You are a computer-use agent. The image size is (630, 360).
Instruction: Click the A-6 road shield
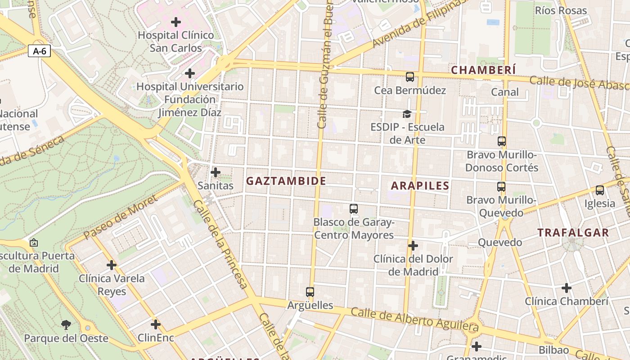[x=40, y=51]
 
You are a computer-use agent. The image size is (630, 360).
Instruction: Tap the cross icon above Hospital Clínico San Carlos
[x=176, y=22]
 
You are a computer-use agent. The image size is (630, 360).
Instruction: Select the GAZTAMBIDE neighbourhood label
[x=286, y=181]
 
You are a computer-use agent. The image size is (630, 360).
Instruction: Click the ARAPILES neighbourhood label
[x=420, y=185]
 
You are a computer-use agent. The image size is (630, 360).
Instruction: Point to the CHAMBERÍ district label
[x=483, y=70]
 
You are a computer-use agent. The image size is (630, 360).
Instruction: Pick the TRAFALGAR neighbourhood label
[x=573, y=233]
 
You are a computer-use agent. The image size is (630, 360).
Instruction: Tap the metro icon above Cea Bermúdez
[x=409, y=77]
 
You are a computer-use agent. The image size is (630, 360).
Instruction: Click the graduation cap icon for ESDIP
[x=407, y=114]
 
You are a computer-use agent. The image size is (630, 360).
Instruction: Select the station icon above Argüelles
[x=310, y=292]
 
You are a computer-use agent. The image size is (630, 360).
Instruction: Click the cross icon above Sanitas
[x=216, y=172]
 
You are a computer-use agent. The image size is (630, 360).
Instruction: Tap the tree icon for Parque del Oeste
[x=66, y=324]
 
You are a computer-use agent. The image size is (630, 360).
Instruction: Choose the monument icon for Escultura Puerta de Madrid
[x=33, y=243]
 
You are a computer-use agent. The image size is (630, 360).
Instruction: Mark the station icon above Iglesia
[x=599, y=190]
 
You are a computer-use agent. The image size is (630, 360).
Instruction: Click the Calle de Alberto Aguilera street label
[x=414, y=318]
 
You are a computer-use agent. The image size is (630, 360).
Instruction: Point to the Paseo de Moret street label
[x=121, y=217]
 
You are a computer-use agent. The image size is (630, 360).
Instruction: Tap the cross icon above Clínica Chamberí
[x=567, y=288]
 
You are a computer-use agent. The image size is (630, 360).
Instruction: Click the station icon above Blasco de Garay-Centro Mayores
[x=354, y=209]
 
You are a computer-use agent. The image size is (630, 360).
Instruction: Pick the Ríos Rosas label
[x=561, y=10]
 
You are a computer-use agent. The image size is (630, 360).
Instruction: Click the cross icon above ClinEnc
[x=156, y=324]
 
